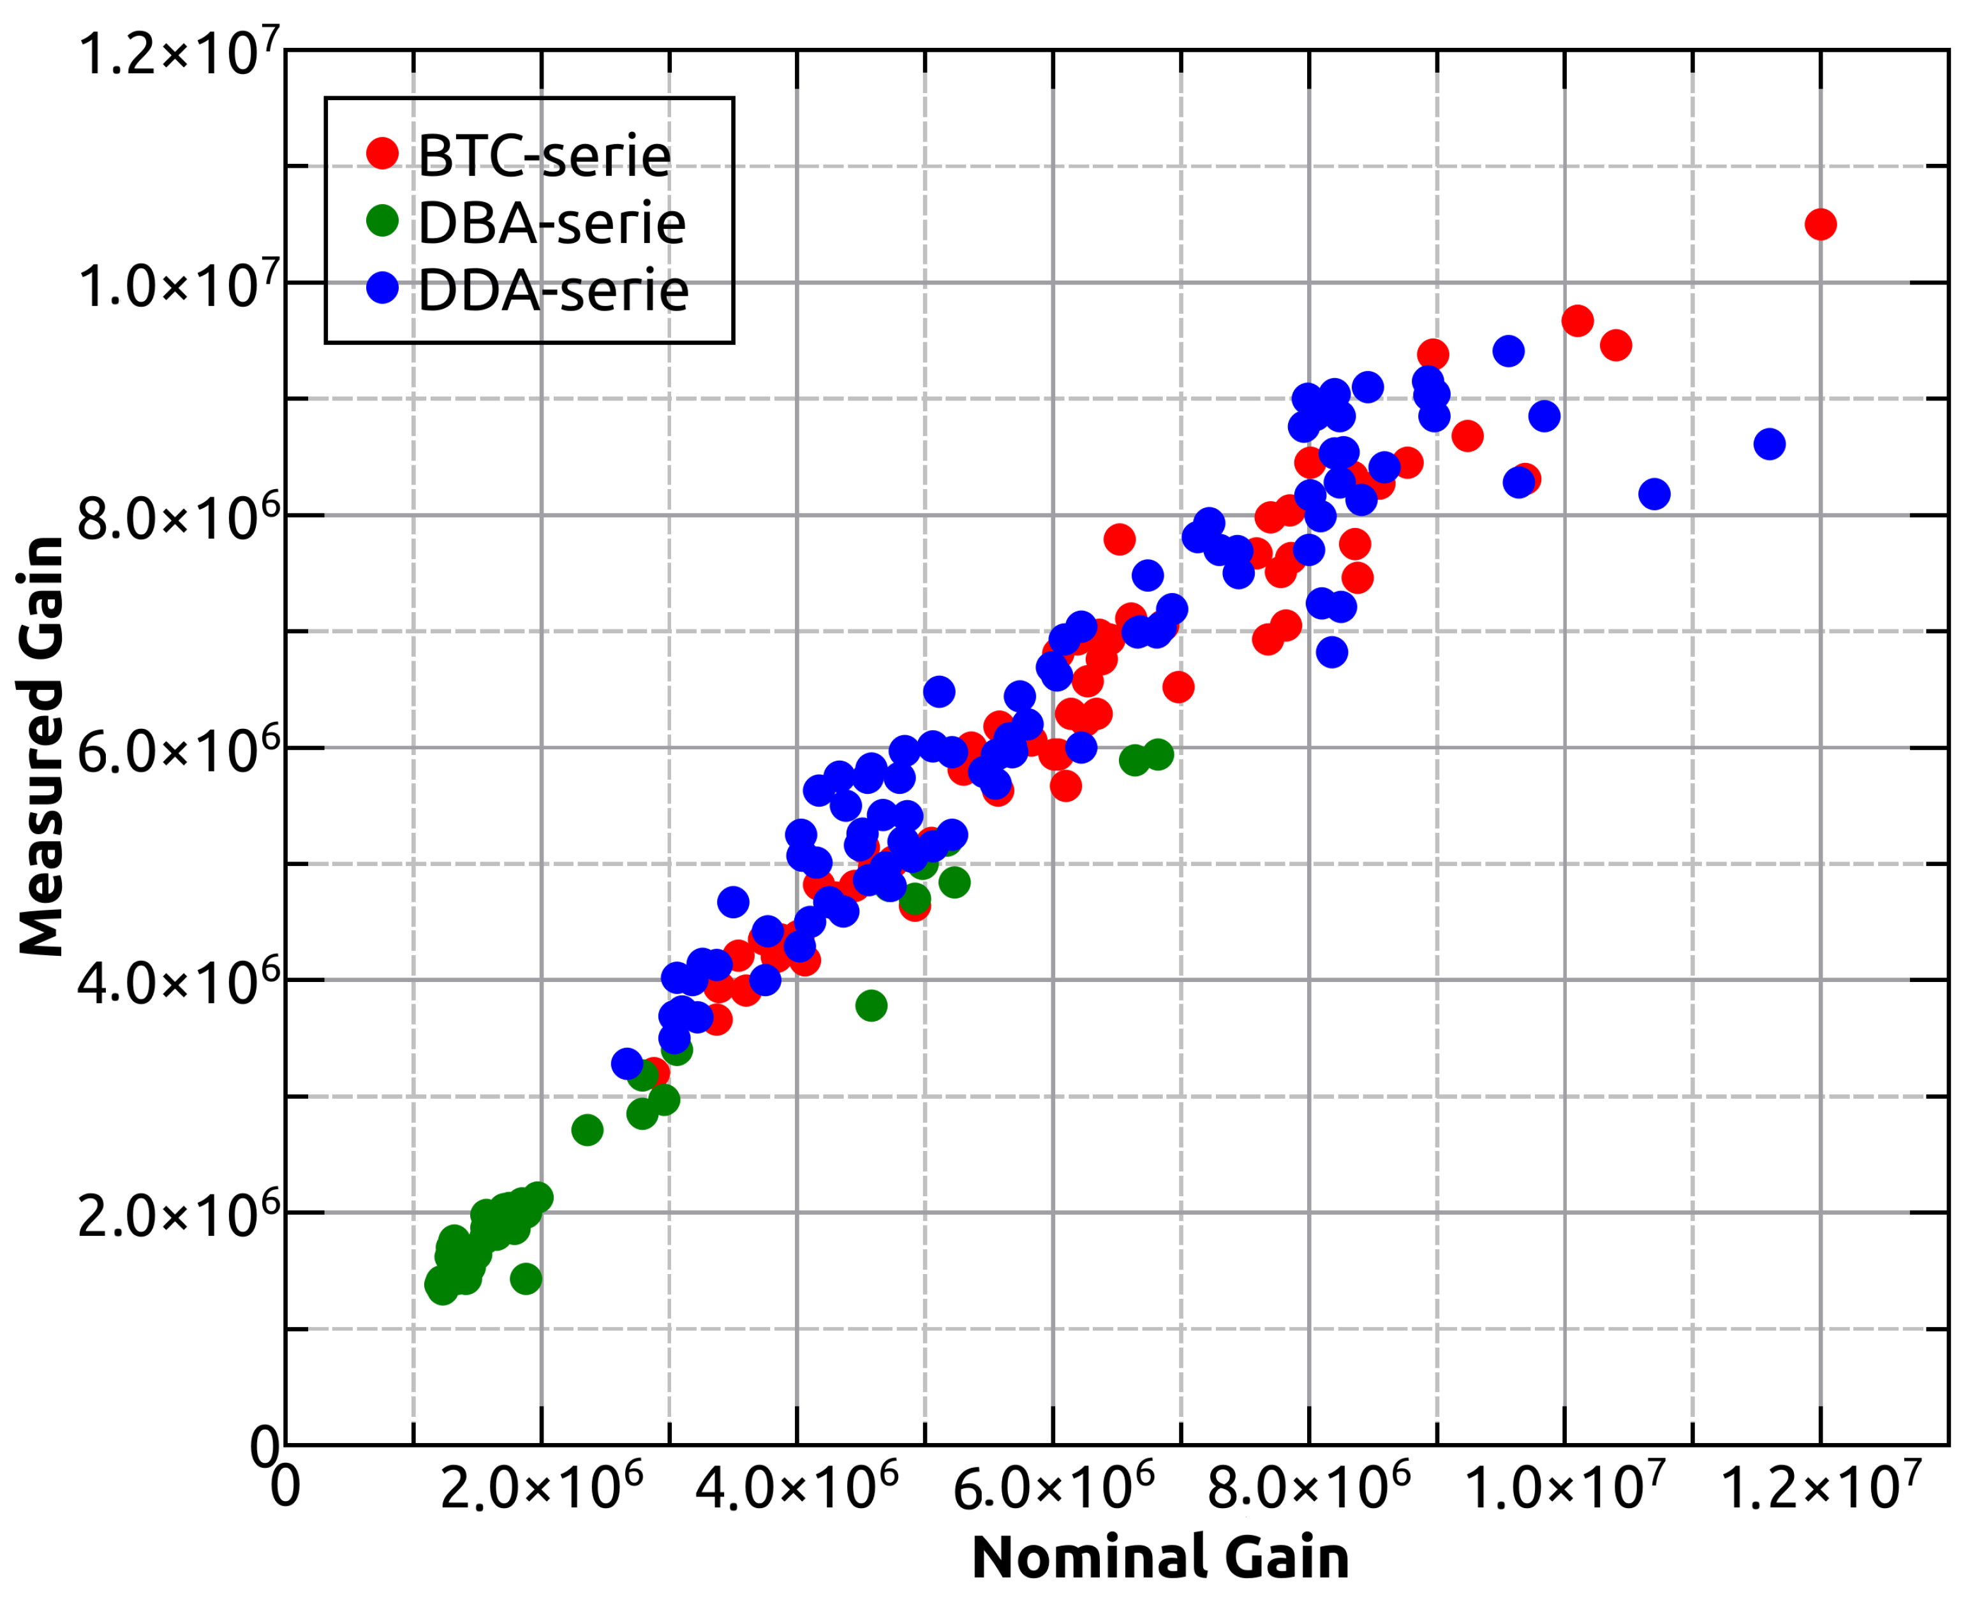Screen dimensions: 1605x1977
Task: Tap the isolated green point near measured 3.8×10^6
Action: (871, 1005)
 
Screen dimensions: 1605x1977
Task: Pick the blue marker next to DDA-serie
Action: (382, 288)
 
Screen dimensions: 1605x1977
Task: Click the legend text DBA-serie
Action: (551, 223)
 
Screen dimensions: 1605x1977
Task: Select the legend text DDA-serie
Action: (553, 290)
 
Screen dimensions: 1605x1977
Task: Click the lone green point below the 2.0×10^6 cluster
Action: (525, 1279)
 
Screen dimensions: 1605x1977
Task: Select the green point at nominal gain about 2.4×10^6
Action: (587, 1130)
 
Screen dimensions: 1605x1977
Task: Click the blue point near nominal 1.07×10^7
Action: (1654, 494)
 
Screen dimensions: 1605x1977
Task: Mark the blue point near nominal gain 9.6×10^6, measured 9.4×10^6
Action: (1508, 351)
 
